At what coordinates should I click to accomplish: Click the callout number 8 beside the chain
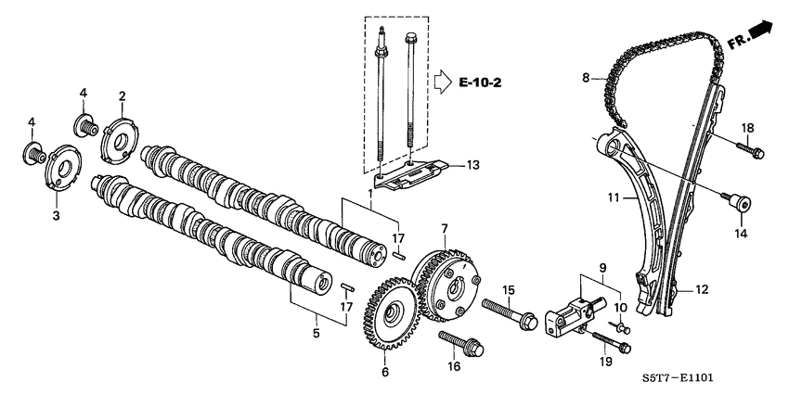pos(587,79)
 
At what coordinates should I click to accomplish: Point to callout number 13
pos(472,165)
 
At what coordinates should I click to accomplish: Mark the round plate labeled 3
pos(61,170)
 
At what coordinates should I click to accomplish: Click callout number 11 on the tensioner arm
pos(612,197)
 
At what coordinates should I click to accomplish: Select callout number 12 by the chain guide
pos(702,290)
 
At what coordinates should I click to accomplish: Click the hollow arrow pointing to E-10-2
pos(441,83)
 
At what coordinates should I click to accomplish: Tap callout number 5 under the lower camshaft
pos(317,333)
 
